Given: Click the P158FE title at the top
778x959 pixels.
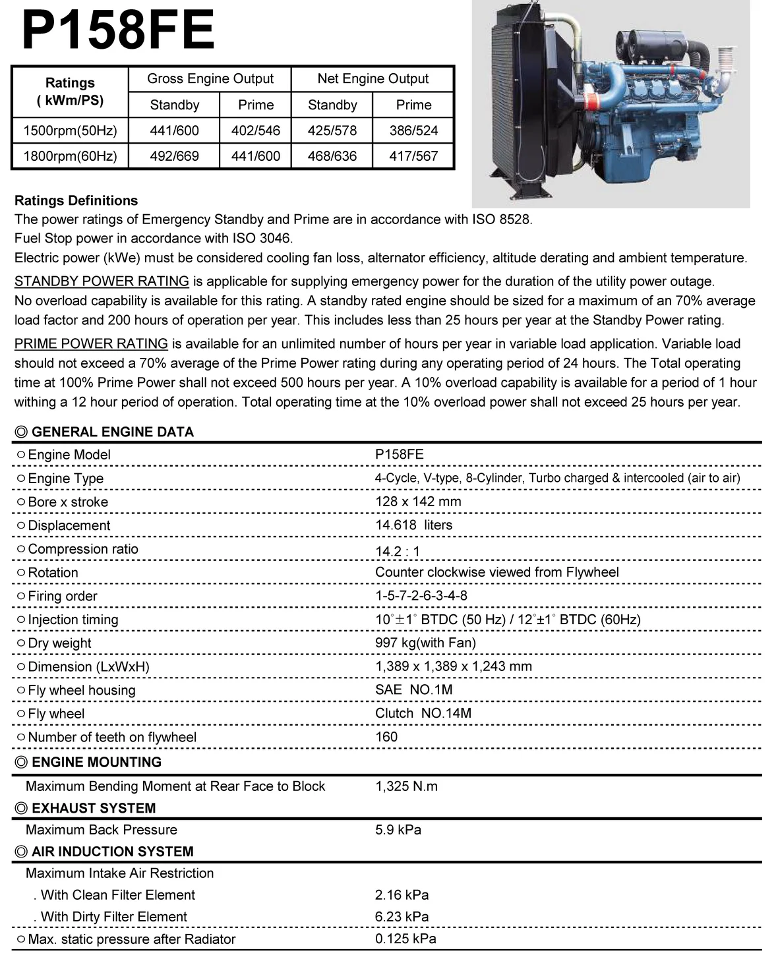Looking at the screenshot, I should (x=119, y=30).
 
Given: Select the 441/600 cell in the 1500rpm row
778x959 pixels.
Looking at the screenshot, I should (x=174, y=131).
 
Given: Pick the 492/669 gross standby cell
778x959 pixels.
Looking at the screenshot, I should (x=174, y=156).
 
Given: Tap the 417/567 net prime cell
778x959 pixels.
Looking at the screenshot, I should (x=413, y=156).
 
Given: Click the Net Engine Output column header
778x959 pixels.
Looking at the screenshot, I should (x=373, y=79).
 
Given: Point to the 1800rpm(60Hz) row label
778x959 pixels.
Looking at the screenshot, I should (x=70, y=156).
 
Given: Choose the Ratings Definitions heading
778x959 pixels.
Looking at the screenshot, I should (x=76, y=200).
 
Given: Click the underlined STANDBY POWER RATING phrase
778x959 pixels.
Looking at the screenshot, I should (x=102, y=281).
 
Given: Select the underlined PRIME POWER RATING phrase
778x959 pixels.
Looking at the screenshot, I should (x=91, y=343).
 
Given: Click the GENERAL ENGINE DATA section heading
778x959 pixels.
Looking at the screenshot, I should (x=112, y=432).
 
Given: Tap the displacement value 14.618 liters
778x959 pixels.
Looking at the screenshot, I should (x=413, y=525).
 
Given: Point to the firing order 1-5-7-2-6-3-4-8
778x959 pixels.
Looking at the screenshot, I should (x=421, y=596).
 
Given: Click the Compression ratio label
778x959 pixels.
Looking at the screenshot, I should (x=83, y=549).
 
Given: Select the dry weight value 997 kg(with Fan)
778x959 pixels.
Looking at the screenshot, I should (x=425, y=643).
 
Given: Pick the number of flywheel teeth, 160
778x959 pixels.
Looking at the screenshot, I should (x=386, y=737).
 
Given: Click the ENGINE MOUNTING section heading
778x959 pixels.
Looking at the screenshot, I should (x=96, y=762).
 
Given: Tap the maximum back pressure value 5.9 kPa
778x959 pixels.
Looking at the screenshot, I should (x=398, y=830).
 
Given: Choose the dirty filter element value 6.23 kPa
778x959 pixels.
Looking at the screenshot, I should (x=402, y=917).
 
